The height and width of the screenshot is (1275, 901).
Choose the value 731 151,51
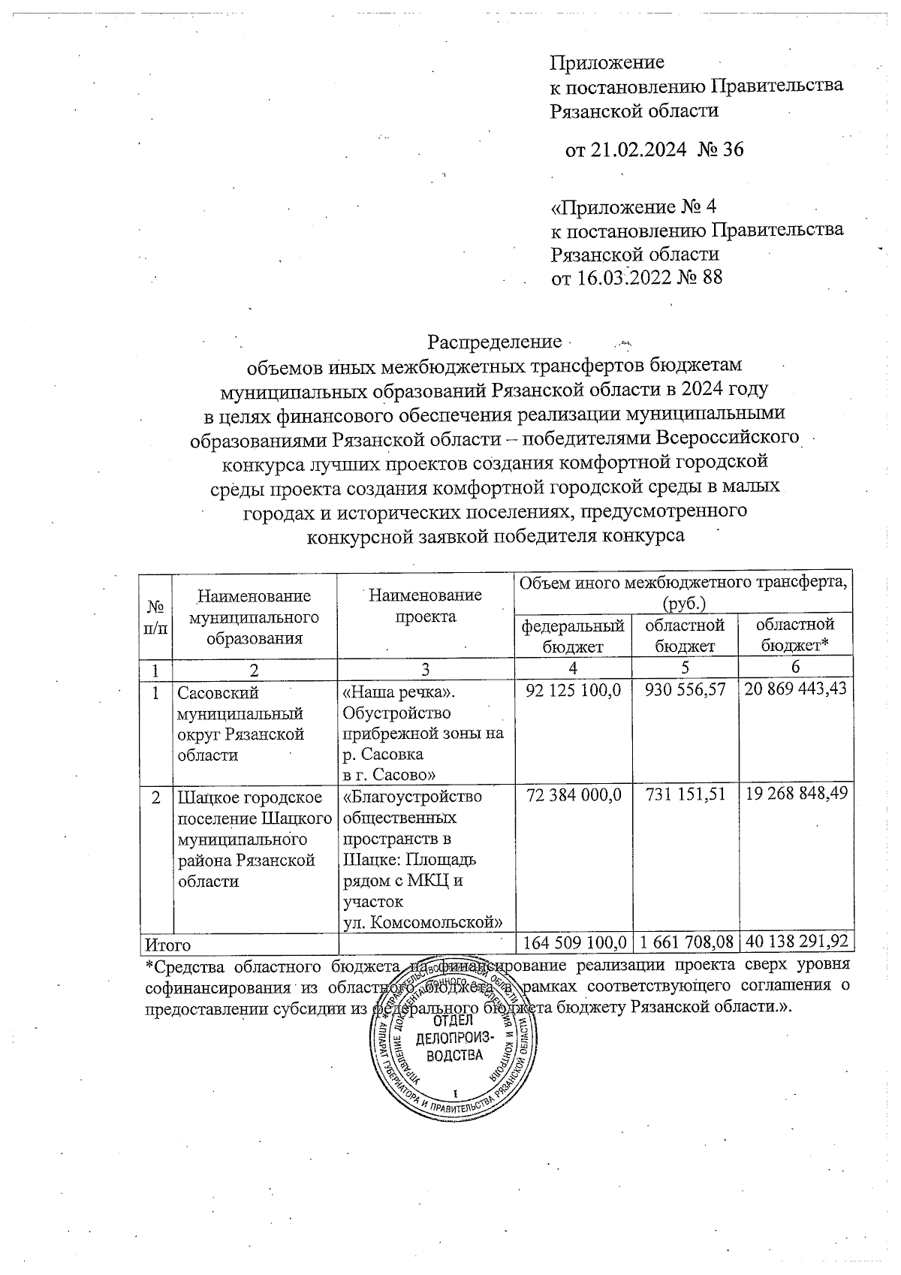[x=686, y=797]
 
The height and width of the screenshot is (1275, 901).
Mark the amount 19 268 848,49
[x=796, y=797]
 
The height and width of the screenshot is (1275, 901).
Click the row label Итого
[x=168, y=945]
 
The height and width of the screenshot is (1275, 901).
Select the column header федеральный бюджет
[x=573, y=635]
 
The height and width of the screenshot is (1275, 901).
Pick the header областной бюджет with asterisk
[x=795, y=635]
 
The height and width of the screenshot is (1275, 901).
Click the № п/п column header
[x=156, y=616]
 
